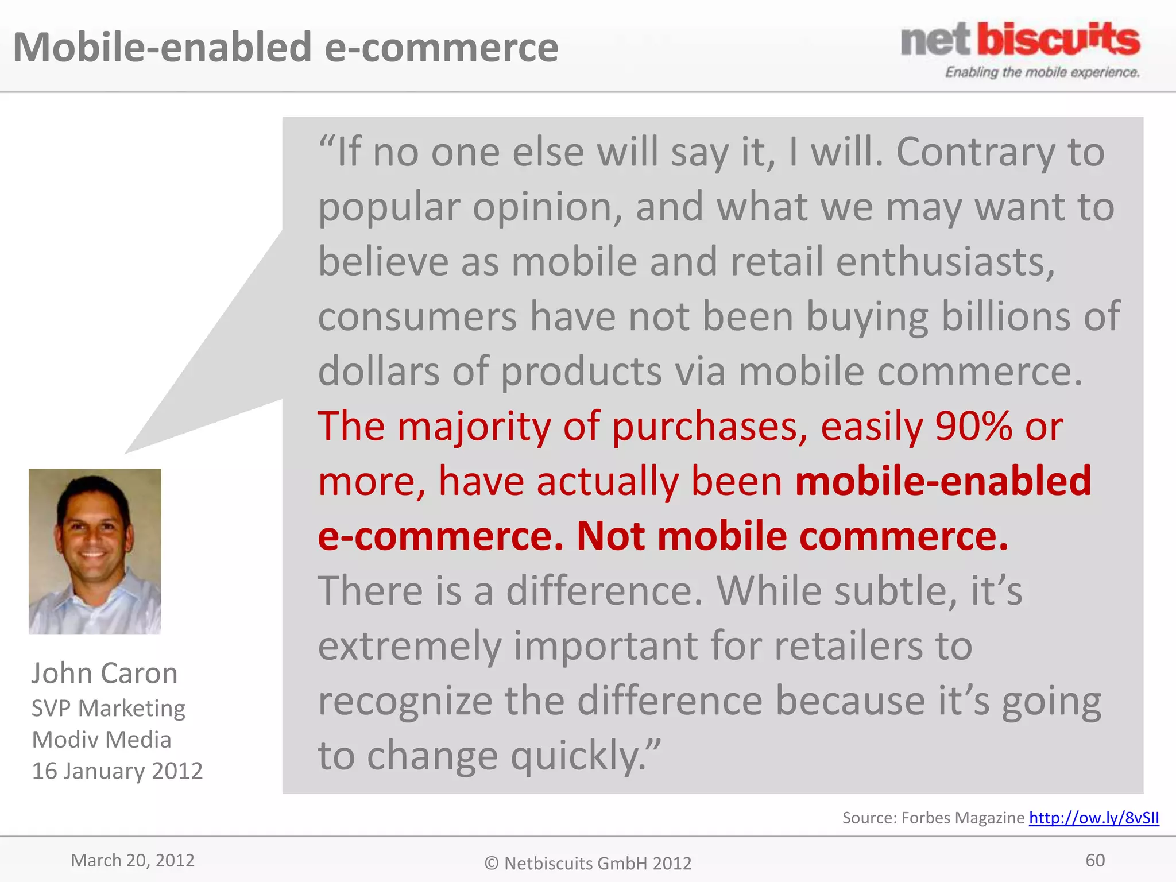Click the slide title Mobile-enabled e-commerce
click(x=285, y=47)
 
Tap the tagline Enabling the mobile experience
click(x=1042, y=72)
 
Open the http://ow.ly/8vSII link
click(x=1093, y=817)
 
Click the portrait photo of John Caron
click(x=95, y=551)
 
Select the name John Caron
click(x=105, y=673)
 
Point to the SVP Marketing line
click(x=108, y=708)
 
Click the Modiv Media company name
click(x=102, y=740)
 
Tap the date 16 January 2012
click(x=117, y=771)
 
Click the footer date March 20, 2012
click(x=133, y=860)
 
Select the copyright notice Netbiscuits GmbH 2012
click(x=588, y=863)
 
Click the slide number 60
click(x=1094, y=860)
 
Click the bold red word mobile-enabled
click(x=942, y=481)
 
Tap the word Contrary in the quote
click(x=975, y=153)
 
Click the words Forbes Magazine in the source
click(x=963, y=818)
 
